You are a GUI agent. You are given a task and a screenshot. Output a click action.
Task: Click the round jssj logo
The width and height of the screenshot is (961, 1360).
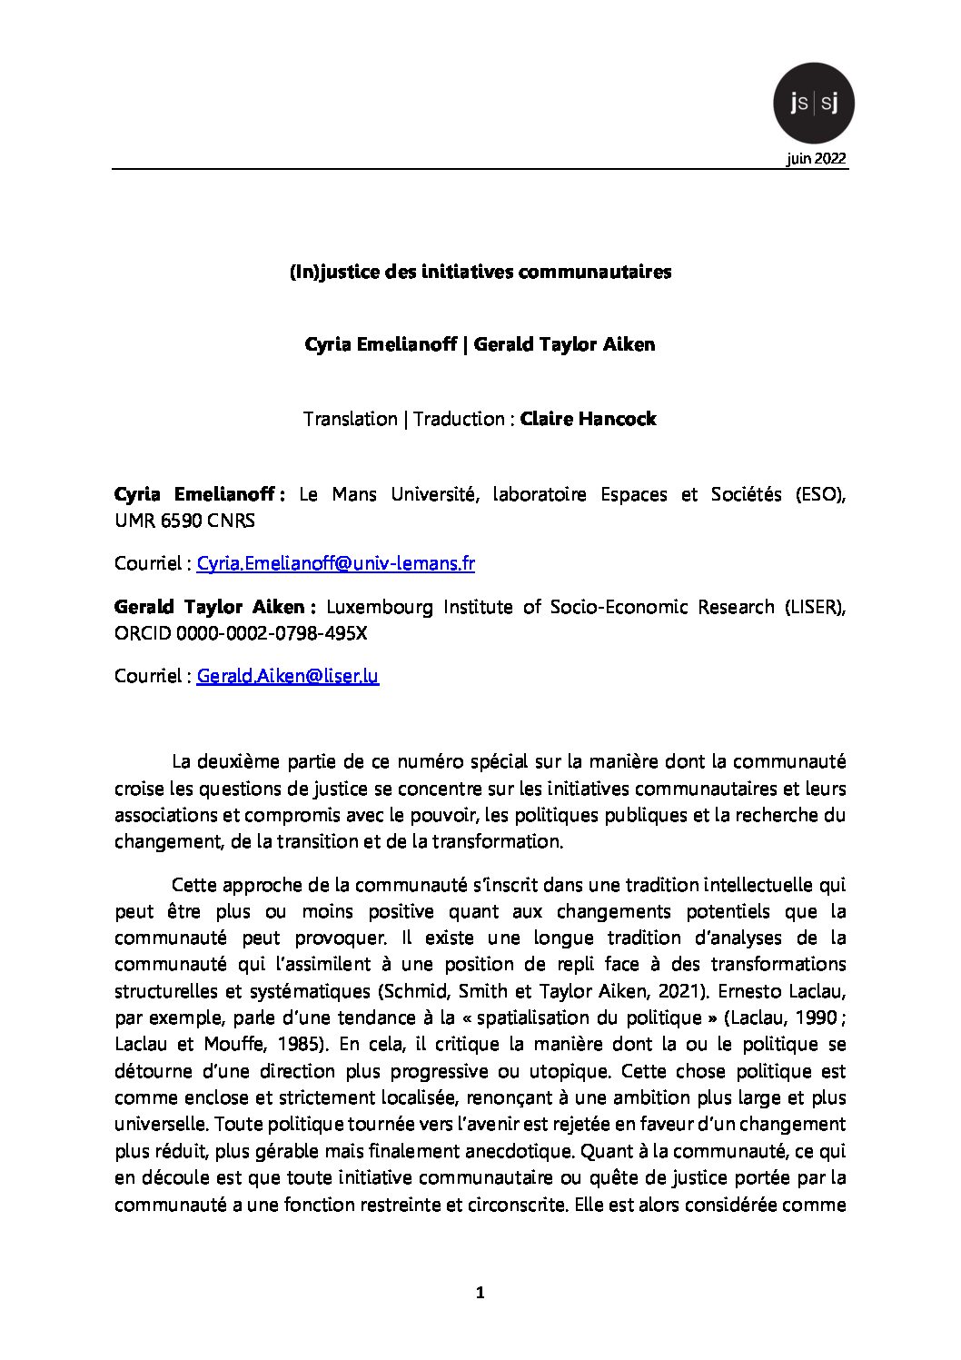point(813,104)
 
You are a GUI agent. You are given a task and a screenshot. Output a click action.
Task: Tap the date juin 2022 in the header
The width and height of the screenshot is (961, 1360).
point(817,159)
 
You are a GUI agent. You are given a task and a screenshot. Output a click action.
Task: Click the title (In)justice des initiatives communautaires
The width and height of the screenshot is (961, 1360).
point(480,272)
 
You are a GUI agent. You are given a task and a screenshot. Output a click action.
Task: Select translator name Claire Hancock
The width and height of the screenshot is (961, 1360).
point(588,419)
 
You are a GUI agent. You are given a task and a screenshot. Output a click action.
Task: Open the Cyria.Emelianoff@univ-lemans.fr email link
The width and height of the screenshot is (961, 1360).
point(336,563)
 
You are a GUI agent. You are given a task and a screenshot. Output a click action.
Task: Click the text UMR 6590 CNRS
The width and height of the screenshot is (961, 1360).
point(184,521)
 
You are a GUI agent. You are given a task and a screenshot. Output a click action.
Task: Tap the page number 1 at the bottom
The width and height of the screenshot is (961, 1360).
point(480,1293)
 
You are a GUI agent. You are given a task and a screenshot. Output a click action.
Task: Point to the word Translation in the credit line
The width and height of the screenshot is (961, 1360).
point(350,419)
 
